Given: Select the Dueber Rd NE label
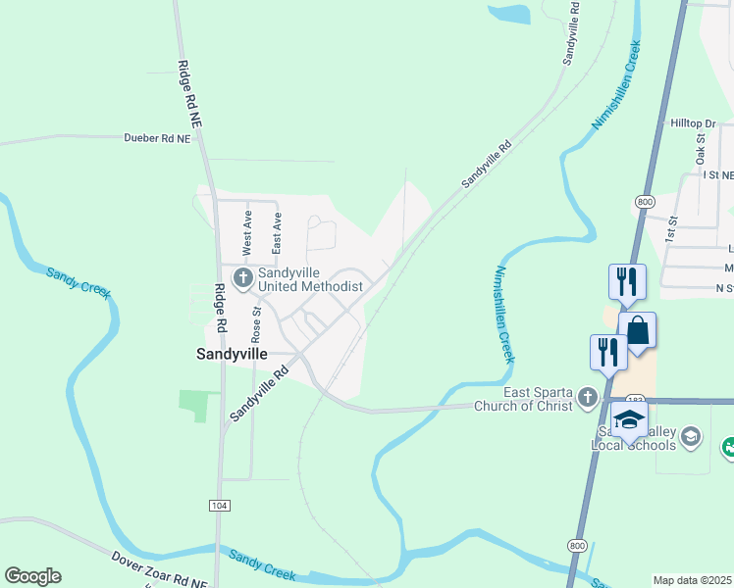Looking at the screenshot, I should [x=156, y=139].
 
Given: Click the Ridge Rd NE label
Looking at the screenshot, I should [x=189, y=95].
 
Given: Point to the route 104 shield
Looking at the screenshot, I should [x=219, y=504].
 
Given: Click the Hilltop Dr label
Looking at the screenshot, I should [x=693, y=123].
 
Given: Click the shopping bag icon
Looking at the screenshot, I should [x=637, y=330].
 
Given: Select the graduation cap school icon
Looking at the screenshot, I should [x=628, y=420].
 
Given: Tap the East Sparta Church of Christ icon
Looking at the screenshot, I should [x=587, y=397].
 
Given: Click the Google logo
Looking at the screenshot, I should [x=32, y=576].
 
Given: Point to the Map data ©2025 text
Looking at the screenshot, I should [x=692, y=580].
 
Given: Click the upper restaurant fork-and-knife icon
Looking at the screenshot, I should [x=627, y=281].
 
